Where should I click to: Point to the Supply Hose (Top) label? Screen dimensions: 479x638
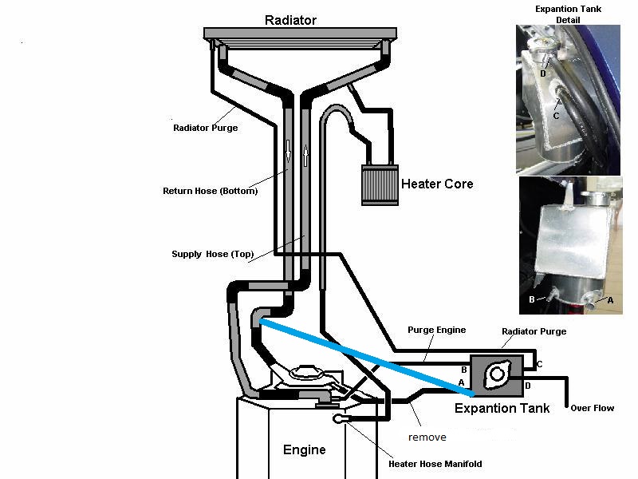(212, 255)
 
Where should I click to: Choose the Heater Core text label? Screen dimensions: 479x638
(437, 184)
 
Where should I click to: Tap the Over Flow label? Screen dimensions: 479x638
(592, 408)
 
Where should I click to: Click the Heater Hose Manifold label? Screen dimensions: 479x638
(435, 464)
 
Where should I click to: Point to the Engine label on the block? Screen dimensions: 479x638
(305, 449)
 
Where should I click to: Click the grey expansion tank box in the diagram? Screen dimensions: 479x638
(498, 375)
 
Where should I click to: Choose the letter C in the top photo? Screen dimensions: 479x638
(556, 117)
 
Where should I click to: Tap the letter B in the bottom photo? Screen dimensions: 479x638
(531, 299)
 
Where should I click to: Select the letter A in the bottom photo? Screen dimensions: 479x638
(610, 300)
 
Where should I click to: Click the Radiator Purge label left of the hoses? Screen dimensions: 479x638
(205, 127)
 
